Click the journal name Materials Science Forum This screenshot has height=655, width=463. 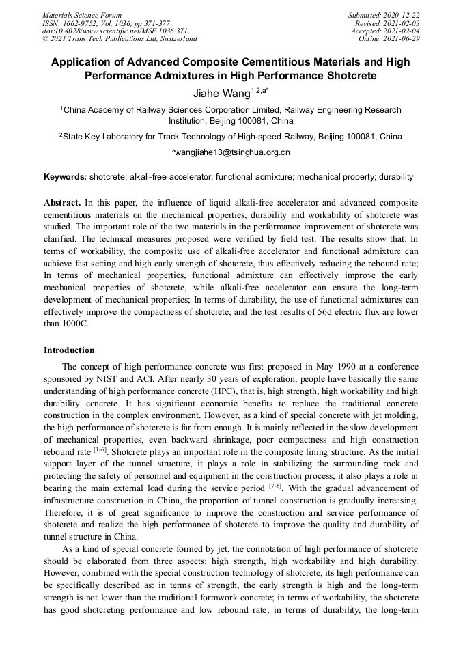(x=81, y=15)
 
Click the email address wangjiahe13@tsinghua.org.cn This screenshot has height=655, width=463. (x=233, y=152)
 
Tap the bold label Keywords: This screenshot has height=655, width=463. (x=66, y=177)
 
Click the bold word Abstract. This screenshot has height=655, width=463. (x=62, y=203)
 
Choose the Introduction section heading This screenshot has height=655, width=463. (x=69, y=350)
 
